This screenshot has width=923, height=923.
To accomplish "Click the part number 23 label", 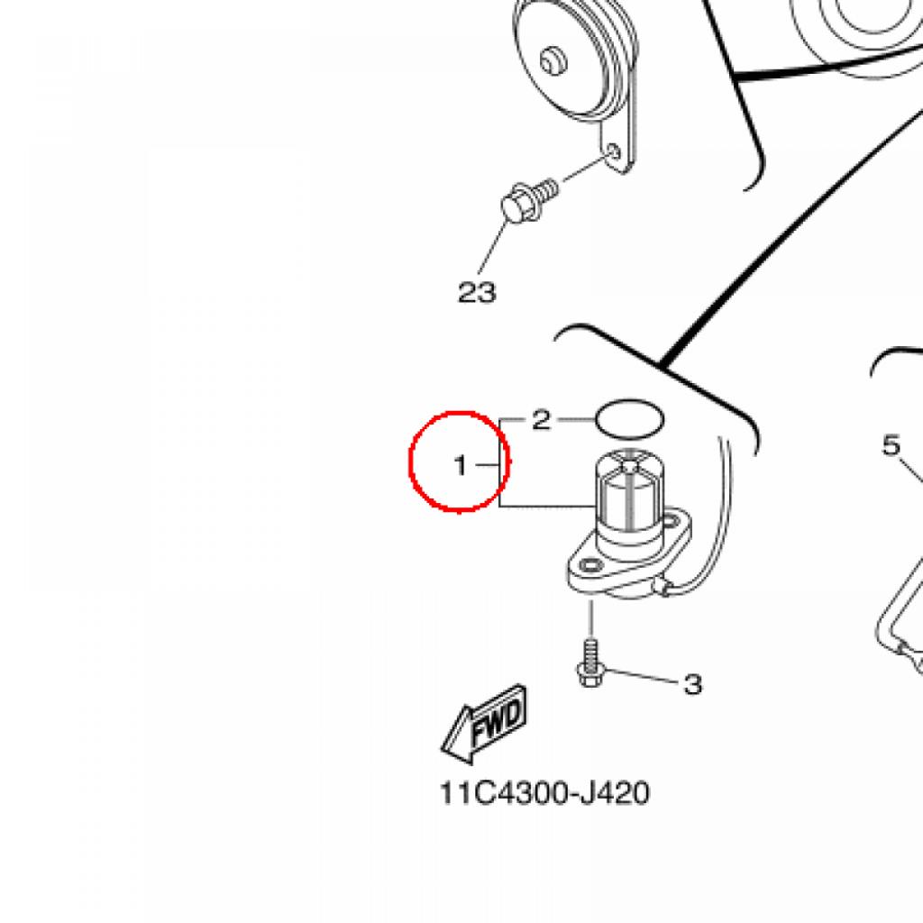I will click(x=477, y=292).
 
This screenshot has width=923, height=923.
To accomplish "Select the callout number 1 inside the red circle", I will click(x=461, y=466).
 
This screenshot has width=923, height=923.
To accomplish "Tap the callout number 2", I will click(x=540, y=419).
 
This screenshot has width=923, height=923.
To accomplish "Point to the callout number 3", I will click(x=692, y=685).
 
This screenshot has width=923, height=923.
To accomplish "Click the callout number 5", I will click(x=891, y=444).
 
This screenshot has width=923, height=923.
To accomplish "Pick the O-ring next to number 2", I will click(x=629, y=417).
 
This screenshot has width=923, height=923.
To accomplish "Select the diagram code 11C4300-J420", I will click(x=544, y=794).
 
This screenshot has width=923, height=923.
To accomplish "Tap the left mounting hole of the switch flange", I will click(x=590, y=566).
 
